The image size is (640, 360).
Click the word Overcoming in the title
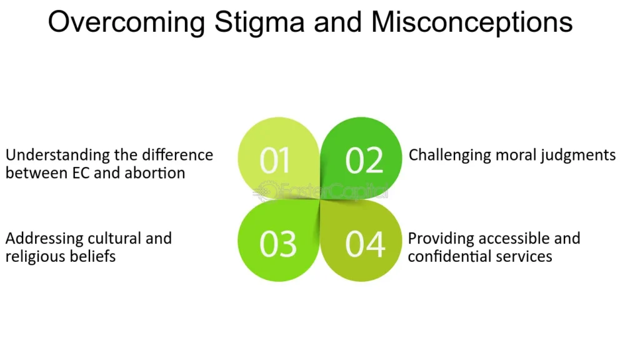(x=126, y=23)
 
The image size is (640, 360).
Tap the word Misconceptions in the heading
(x=472, y=23)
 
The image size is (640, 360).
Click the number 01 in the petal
(x=275, y=160)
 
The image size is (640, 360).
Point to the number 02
(x=364, y=160)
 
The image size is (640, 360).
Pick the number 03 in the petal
(x=278, y=244)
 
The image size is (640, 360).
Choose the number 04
(x=365, y=244)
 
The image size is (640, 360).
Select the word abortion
(x=155, y=173)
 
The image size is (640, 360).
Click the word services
(x=524, y=257)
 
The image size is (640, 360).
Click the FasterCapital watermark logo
(x=321, y=191)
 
